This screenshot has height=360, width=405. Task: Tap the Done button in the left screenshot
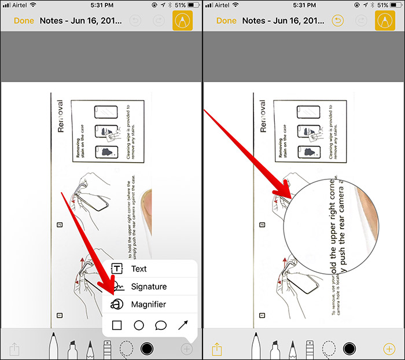coord(24,21)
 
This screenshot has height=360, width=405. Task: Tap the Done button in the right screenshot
coord(226,21)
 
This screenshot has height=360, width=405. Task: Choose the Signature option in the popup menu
coord(148,286)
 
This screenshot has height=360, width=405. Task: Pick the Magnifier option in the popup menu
coord(148,304)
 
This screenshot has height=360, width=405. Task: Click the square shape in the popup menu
coord(117,325)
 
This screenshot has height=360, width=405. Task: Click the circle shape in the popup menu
coord(139,325)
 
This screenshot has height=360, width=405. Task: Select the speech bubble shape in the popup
coord(161,325)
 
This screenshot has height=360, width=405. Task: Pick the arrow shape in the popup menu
coord(183,325)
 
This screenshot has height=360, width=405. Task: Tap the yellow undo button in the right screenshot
coord(337,21)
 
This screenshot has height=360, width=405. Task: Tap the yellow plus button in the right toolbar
coord(389,349)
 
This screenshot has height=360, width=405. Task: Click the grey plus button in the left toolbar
coord(186,349)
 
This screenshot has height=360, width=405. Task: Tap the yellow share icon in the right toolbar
coord(217,349)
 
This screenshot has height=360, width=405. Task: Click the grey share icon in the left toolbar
coord(14,349)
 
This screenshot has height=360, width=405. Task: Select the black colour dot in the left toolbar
coord(146,348)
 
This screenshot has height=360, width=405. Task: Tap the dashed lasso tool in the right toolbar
coord(329,348)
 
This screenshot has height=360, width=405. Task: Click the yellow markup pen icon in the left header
coord(183,21)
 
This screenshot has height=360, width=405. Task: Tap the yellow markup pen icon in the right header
coord(385,21)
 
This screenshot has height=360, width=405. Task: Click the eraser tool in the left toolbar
coord(107,347)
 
